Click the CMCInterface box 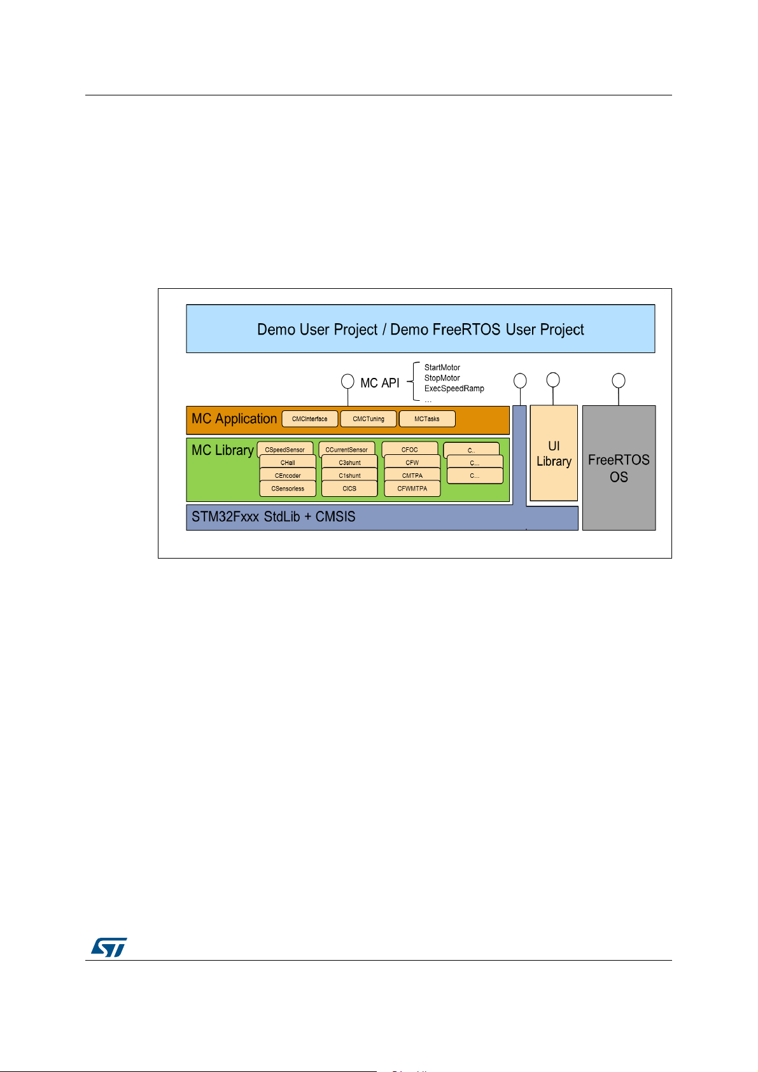click(x=310, y=419)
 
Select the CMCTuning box click(x=368, y=419)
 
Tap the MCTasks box click(x=426, y=419)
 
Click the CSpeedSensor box click(x=285, y=449)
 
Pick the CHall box click(x=288, y=463)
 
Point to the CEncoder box click(x=288, y=475)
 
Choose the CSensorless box click(x=288, y=489)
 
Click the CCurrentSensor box click(x=347, y=449)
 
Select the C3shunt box click(x=349, y=463)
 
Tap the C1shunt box click(x=349, y=475)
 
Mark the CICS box click(x=349, y=489)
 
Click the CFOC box click(x=409, y=449)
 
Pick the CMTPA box click(x=412, y=475)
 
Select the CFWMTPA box click(x=412, y=489)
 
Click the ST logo click(x=109, y=947)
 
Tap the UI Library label click(x=554, y=454)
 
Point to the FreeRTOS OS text click(x=619, y=468)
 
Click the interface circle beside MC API click(x=347, y=382)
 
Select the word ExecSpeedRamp click(x=454, y=388)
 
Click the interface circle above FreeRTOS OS click(x=619, y=380)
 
